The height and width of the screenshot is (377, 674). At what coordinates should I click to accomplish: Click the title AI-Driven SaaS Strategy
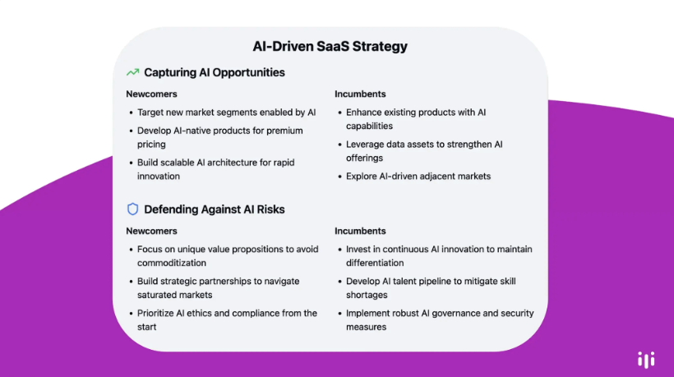[x=330, y=46]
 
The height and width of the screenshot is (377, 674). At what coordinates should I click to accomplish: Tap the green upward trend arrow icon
[x=133, y=72]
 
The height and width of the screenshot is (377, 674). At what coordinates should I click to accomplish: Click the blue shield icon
[x=133, y=209]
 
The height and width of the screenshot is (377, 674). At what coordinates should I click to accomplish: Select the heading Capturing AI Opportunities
[x=214, y=72]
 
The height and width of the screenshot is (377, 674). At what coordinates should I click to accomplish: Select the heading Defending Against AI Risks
[x=214, y=209]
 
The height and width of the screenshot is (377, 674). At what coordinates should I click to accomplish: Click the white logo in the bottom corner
[x=646, y=360]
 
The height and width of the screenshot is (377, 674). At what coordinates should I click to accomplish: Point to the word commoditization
[x=172, y=263]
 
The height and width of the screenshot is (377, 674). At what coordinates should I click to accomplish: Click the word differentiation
[x=375, y=263]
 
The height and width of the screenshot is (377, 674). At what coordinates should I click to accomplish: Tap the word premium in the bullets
[x=284, y=131]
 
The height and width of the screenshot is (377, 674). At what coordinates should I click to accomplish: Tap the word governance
[x=455, y=314]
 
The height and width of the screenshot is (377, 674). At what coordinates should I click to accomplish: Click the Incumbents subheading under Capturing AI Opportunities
[x=360, y=94]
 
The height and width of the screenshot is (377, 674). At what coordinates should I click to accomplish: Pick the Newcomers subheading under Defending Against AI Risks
[x=151, y=231]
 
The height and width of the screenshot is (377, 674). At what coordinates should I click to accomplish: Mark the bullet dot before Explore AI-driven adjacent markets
[x=339, y=177]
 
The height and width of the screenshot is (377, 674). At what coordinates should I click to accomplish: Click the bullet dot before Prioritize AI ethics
[x=131, y=314]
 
